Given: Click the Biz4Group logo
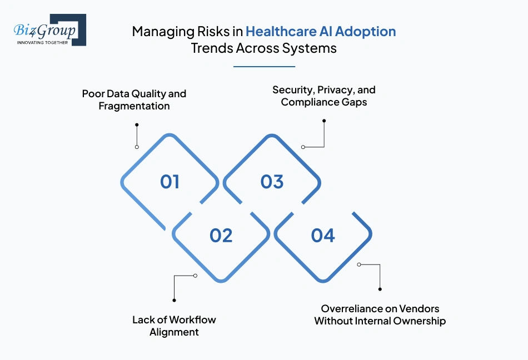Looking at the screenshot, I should [49, 30].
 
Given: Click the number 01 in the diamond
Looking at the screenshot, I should [170, 182].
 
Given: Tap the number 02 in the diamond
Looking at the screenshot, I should [221, 236].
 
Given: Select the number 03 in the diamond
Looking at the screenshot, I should [272, 182].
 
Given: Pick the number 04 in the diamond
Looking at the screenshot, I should [323, 236].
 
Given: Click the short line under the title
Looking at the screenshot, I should [264, 67].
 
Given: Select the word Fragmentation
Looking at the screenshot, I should [134, 106].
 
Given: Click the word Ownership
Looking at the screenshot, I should [419, 321].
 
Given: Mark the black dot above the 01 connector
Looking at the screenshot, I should [137, 125].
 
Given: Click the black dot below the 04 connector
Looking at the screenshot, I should [380, 289].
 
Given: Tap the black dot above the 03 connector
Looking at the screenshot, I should [324, 121].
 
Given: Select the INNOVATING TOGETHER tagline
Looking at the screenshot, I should [42, 42].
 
